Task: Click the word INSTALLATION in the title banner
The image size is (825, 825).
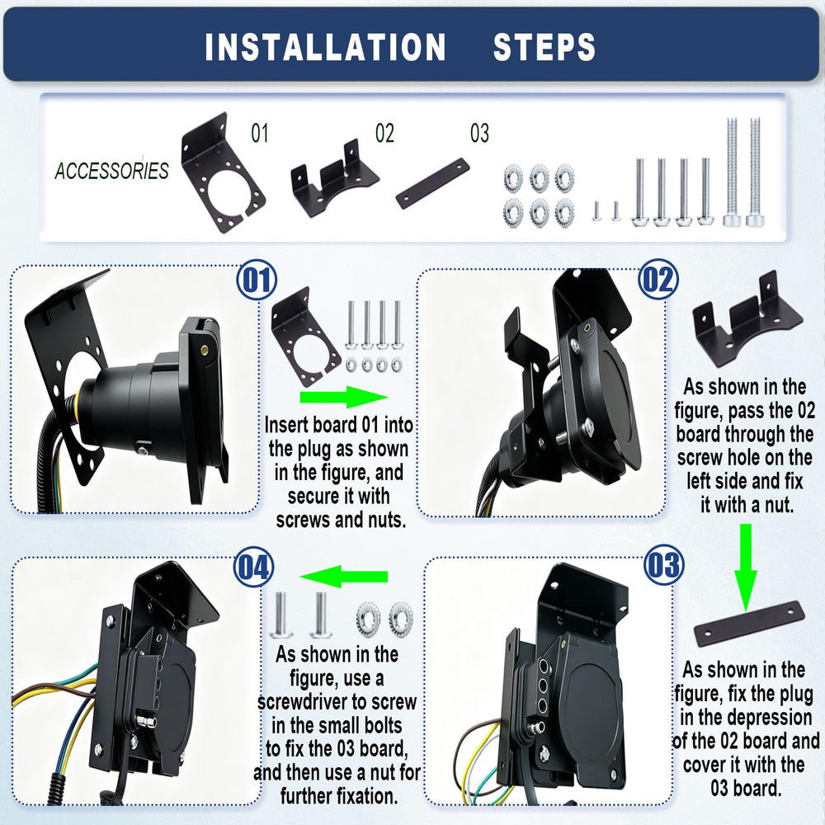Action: [x=325, y=47]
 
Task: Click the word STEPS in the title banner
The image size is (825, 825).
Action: [x=544, y=47]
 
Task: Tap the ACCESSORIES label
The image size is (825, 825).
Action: [x=111, y=171]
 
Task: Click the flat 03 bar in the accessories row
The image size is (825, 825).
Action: [x=432, y=183]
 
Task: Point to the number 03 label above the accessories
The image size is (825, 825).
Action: [x=479, y=133]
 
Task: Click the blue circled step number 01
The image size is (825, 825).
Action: [x=257, y=280]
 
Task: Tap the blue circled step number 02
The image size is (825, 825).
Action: [x=658, y=280]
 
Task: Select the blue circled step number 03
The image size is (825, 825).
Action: [x=664, y=564]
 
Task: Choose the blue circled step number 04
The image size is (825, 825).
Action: [x=253, y=567]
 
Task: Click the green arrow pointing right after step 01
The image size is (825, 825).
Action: [x=343, y=398]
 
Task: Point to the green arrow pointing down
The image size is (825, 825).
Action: [x=746, y=568]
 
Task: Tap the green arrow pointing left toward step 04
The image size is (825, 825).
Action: [x=343, y=577]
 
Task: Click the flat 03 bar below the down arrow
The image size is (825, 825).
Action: [x=749, y=624]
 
